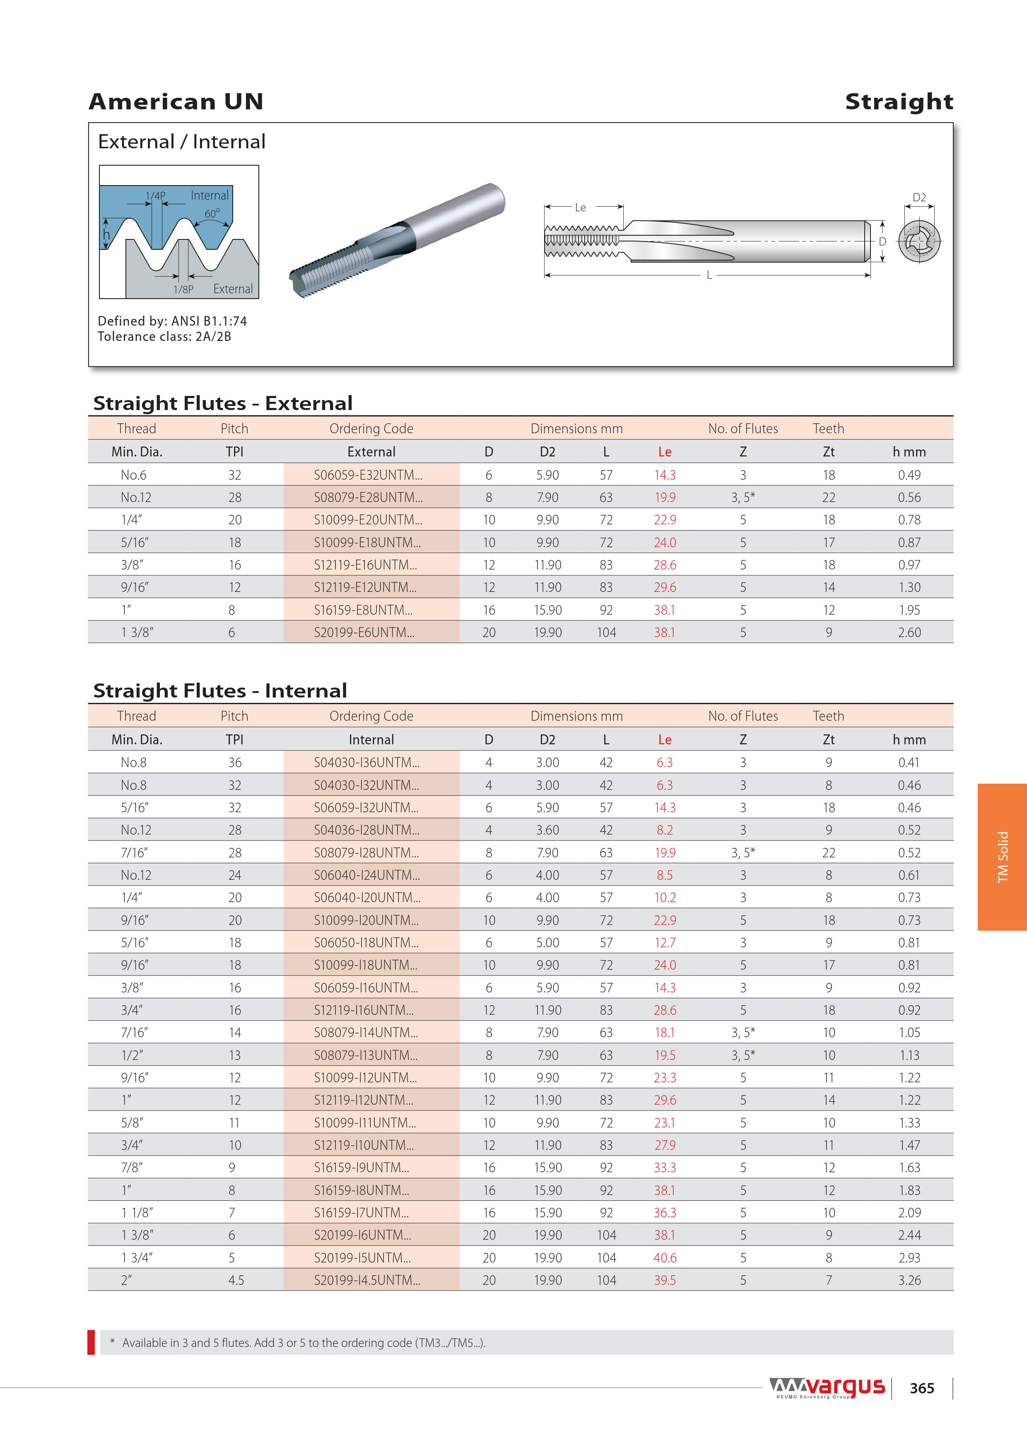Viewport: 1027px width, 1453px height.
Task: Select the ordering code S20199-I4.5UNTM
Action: click(x=367, y=1279)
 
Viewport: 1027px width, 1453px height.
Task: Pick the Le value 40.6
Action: click(x=664, y=1257)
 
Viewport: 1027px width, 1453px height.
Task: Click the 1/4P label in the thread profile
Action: click(x=155, y=196)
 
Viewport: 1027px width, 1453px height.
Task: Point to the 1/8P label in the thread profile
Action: click(x=183, y=289)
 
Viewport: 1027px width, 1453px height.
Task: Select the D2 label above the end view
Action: click(x=919, y=198)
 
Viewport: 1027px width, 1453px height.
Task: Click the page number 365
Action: click(x=921, y=1388)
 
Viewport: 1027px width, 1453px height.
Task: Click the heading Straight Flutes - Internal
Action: click(x=220, y=690)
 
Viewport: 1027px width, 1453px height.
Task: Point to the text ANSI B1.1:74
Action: click(x=210, y=321)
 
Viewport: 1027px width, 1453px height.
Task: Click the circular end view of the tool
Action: click(x=919, y=241)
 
